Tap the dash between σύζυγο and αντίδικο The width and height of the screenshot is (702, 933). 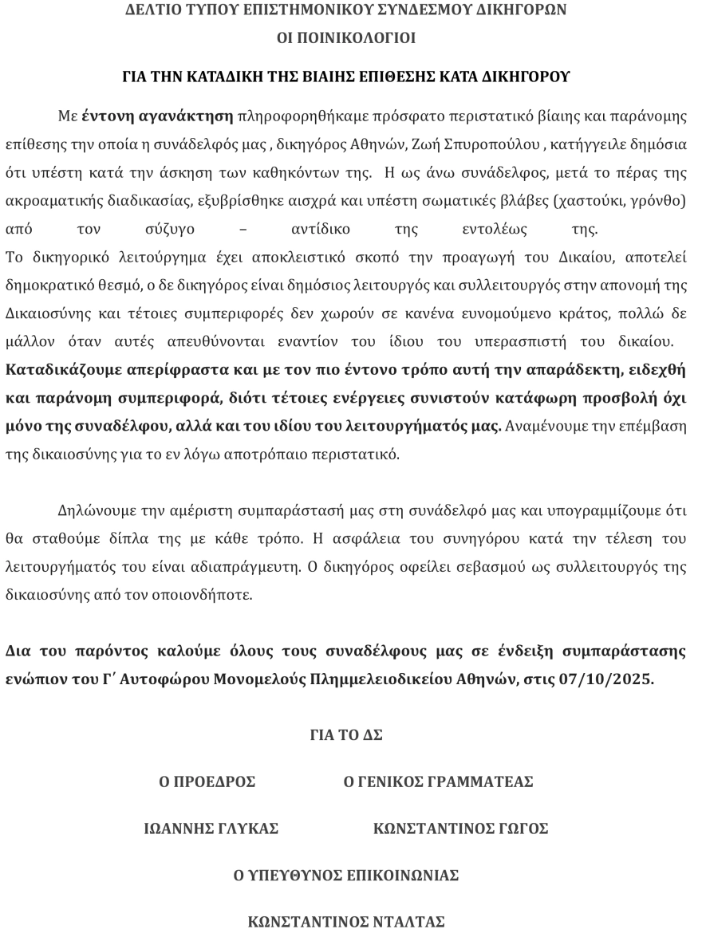[243, 231]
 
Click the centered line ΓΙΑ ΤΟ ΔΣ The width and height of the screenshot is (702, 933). [345, 735]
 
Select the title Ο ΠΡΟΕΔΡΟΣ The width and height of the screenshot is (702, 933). [207, 782]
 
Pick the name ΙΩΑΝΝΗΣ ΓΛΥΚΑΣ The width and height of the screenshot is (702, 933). [211, 829]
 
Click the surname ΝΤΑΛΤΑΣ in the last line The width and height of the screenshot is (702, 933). [401, 922]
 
